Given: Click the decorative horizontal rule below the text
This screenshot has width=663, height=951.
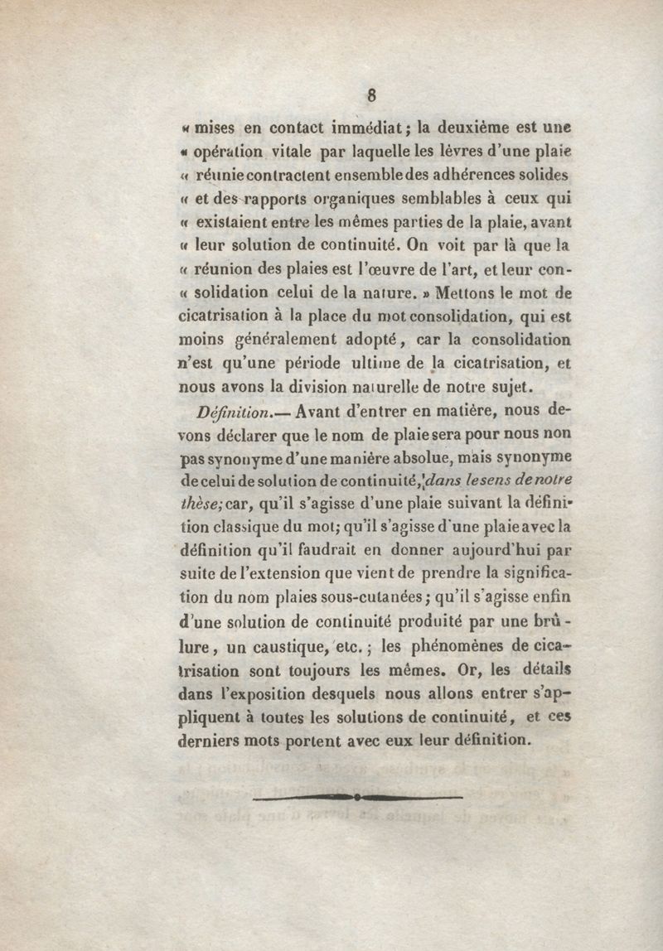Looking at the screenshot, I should pos(356,797).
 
